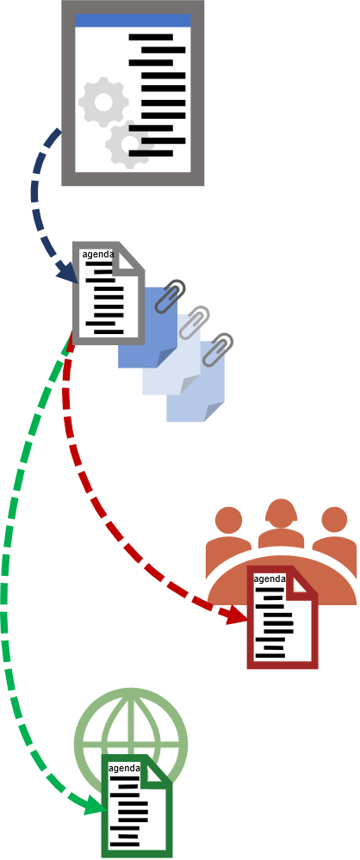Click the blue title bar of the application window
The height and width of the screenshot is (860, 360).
coord(133,21)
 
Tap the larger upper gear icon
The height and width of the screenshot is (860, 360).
coord(103,102)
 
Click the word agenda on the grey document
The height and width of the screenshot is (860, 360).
coord(98,254)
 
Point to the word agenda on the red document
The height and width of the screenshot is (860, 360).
coord(270,578)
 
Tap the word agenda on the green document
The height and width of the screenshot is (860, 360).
coord(125,769)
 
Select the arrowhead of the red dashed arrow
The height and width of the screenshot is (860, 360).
coord(236,615)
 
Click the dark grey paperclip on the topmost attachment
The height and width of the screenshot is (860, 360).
coord(170,295)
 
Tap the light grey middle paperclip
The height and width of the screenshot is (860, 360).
coord(194,323)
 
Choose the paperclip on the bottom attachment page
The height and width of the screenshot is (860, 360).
coord(218,349)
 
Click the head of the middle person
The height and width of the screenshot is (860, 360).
coord(281,511)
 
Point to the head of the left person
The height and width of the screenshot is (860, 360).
coord(229,519)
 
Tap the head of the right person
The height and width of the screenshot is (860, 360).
coord(334,519)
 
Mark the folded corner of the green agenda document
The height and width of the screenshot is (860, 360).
coord(157,771)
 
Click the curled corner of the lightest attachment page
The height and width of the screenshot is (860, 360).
coord(189,386)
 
